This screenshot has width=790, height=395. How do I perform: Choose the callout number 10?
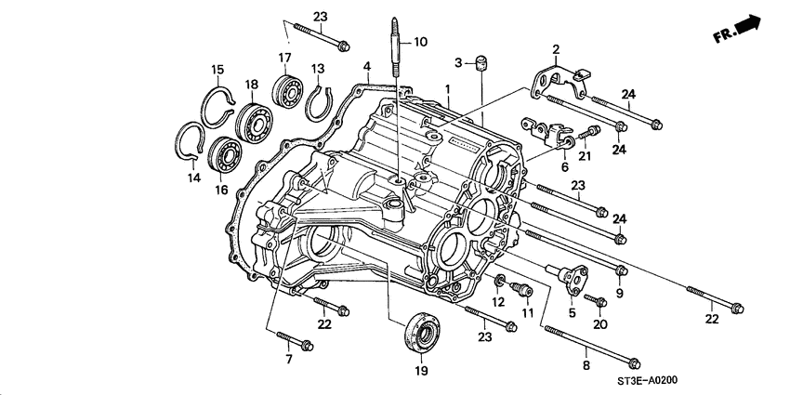point(420,42)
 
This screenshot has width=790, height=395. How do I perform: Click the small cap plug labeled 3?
point(482,63)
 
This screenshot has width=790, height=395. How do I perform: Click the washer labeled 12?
point(500,280)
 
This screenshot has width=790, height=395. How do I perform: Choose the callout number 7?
point(287,359)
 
